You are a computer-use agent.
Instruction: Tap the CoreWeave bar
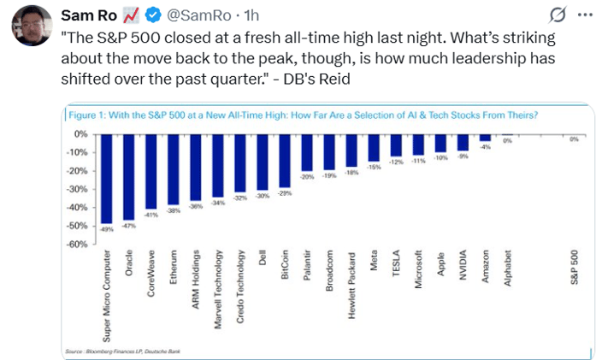click(x=150, y=171)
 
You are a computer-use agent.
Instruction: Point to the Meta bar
click(x=374, y=148)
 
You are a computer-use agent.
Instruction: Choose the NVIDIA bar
click(x=463, y=142)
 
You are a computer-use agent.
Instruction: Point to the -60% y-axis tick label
click(x=77, y=245)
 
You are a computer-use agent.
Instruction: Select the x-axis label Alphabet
click(x=507, y=275)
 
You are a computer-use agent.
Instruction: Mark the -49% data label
click(x=106, y=228)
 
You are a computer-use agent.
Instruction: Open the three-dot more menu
click(x=585, y=15)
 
